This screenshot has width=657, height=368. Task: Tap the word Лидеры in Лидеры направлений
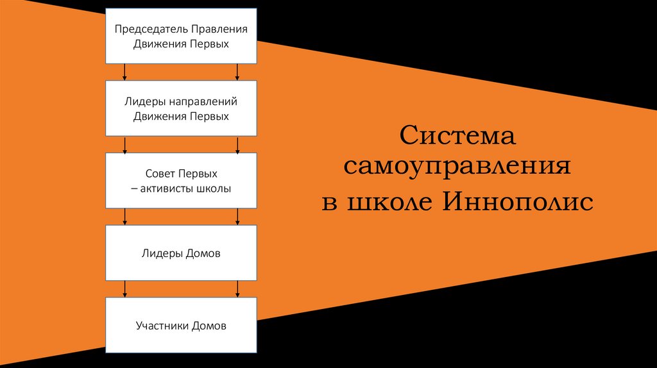click(141, 102)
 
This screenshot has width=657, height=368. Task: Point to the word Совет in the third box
click(160, 174)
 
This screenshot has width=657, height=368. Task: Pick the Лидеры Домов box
click(182, 253)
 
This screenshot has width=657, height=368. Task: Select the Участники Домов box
click(182, 326)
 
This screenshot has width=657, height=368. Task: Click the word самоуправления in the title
click(457, 168)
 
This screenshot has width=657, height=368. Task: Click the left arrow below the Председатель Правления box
click(124, 71)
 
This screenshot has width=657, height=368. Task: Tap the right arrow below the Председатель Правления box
click(238, 71)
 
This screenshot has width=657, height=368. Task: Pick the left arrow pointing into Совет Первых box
click(124, 144)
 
